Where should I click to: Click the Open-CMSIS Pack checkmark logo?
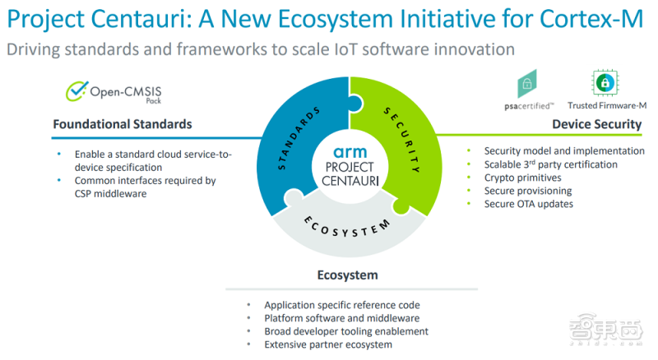pos(76,91)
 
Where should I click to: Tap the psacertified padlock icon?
pos(527,84)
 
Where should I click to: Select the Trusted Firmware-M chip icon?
pos(605,83)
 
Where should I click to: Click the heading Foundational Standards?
pos(123,124)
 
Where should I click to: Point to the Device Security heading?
pos(597,124)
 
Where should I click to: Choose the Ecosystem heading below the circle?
pos(347,275)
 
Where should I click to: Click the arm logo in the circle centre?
pos(350,152)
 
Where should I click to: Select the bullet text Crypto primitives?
pos(522,178)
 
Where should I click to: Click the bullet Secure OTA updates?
pos(528,204)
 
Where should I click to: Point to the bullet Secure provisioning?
pos(528,191)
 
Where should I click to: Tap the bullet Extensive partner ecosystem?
pos(328,345)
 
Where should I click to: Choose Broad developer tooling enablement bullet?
pos(346,331)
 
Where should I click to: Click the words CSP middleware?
pos(111,194)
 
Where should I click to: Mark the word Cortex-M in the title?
pos(591,19)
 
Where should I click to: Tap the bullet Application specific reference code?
pos(342,305)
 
